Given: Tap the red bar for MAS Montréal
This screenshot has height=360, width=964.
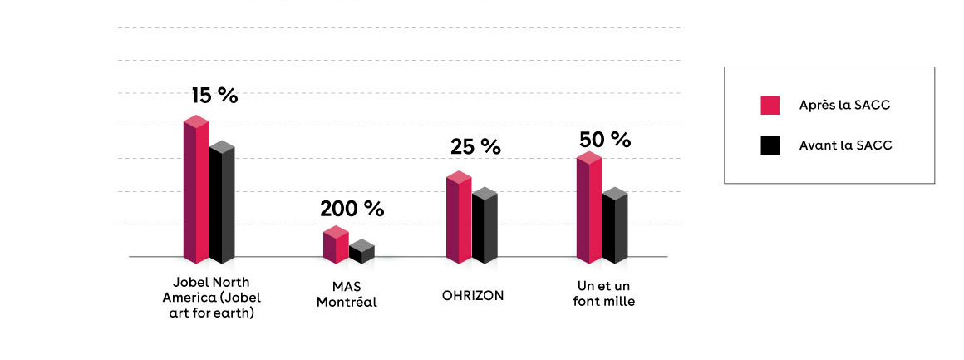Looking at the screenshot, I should [x=335, y=246].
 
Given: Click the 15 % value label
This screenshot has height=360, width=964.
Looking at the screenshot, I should [x=214, y=96].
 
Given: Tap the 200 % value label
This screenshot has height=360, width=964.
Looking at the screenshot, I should [x=352, y=209].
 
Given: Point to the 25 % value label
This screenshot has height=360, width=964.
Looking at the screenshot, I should [x=475, y=147].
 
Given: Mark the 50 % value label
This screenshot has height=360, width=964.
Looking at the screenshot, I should [x=605, y=139].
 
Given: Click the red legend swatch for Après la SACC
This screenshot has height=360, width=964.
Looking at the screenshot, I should [x=770, y=106].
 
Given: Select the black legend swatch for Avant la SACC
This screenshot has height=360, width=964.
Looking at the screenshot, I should [x=770, y=145].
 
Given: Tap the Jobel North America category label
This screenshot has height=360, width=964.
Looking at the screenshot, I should [x=211, y=298].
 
